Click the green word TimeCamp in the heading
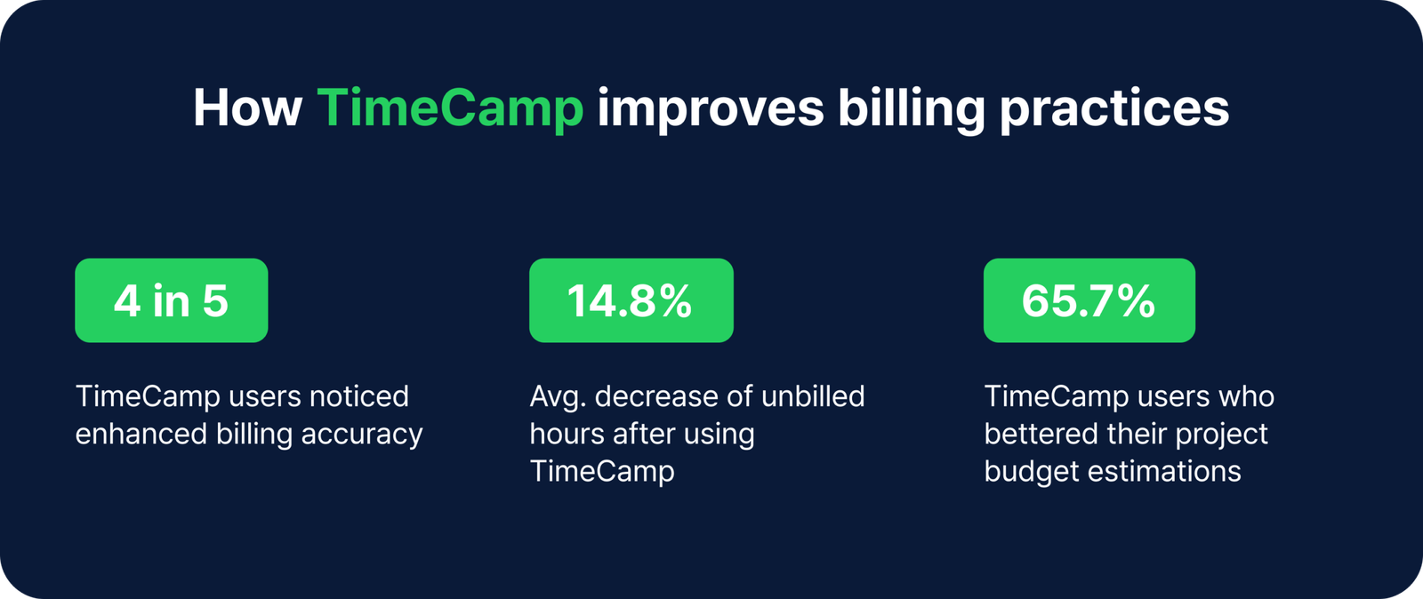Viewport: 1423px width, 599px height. pos(449,108)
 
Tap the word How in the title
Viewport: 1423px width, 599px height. pos(247,108)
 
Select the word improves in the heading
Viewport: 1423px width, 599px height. pos(710,108)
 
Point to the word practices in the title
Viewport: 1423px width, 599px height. pos(1113,108)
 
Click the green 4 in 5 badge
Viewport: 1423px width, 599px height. pos(171,300)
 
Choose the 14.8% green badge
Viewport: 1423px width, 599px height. pos(631,300)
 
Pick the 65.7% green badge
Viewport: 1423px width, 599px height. pos(1089,300)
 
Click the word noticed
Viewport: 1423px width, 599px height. pos(358,396)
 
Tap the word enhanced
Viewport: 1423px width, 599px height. pos(140,434)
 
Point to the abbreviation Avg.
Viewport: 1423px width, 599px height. pos(557,397)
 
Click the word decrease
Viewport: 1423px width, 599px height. pos(655,396)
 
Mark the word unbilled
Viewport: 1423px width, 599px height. pos(813,396)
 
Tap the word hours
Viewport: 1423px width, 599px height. pos(567,434)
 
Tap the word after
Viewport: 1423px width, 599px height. pos(642,434)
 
